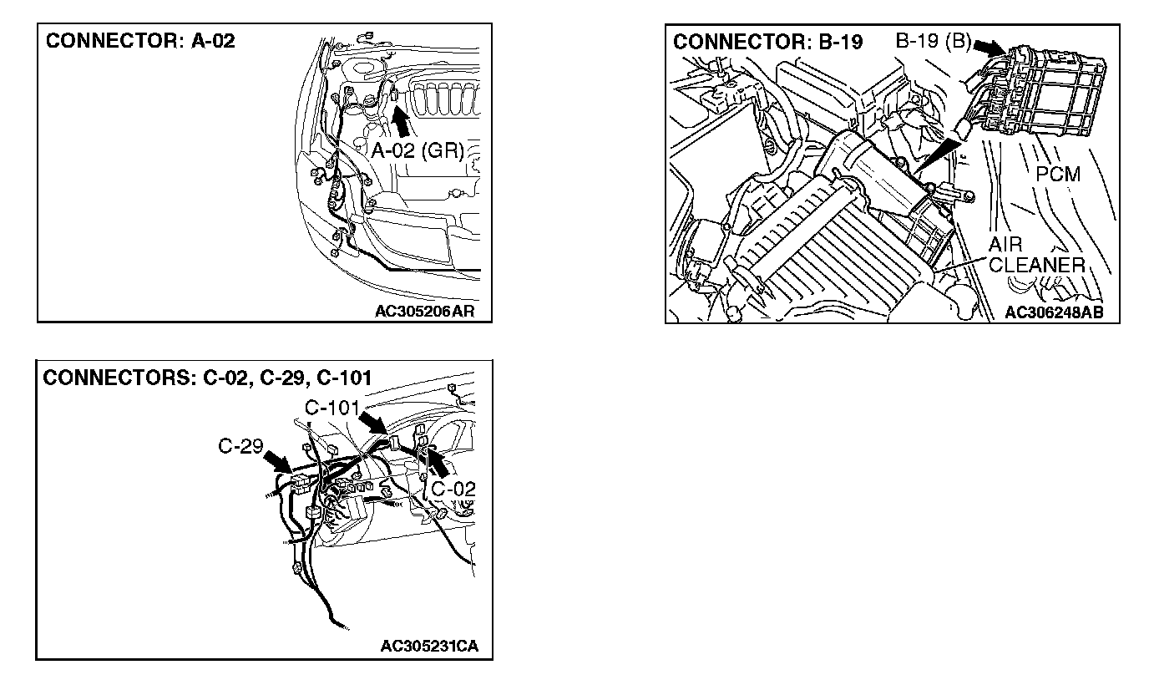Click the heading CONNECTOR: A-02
coord(140,41)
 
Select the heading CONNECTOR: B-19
coord(768,42)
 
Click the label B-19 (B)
coord(932,40)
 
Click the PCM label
coord(1058,175)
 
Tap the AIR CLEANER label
coord(1035,256)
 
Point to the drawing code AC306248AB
coord(1053,312)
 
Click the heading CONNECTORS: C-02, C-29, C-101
coord(208,378)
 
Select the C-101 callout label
coord(332,409)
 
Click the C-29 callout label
coord(240,446)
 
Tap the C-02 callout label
coord(453,488)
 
